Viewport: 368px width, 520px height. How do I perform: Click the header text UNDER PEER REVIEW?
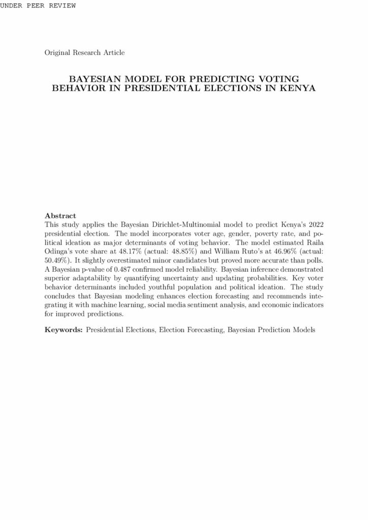38,6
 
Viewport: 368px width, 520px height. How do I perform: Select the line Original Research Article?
84,52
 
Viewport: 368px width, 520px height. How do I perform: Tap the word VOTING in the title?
278,79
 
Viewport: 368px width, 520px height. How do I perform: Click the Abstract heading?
60,215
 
